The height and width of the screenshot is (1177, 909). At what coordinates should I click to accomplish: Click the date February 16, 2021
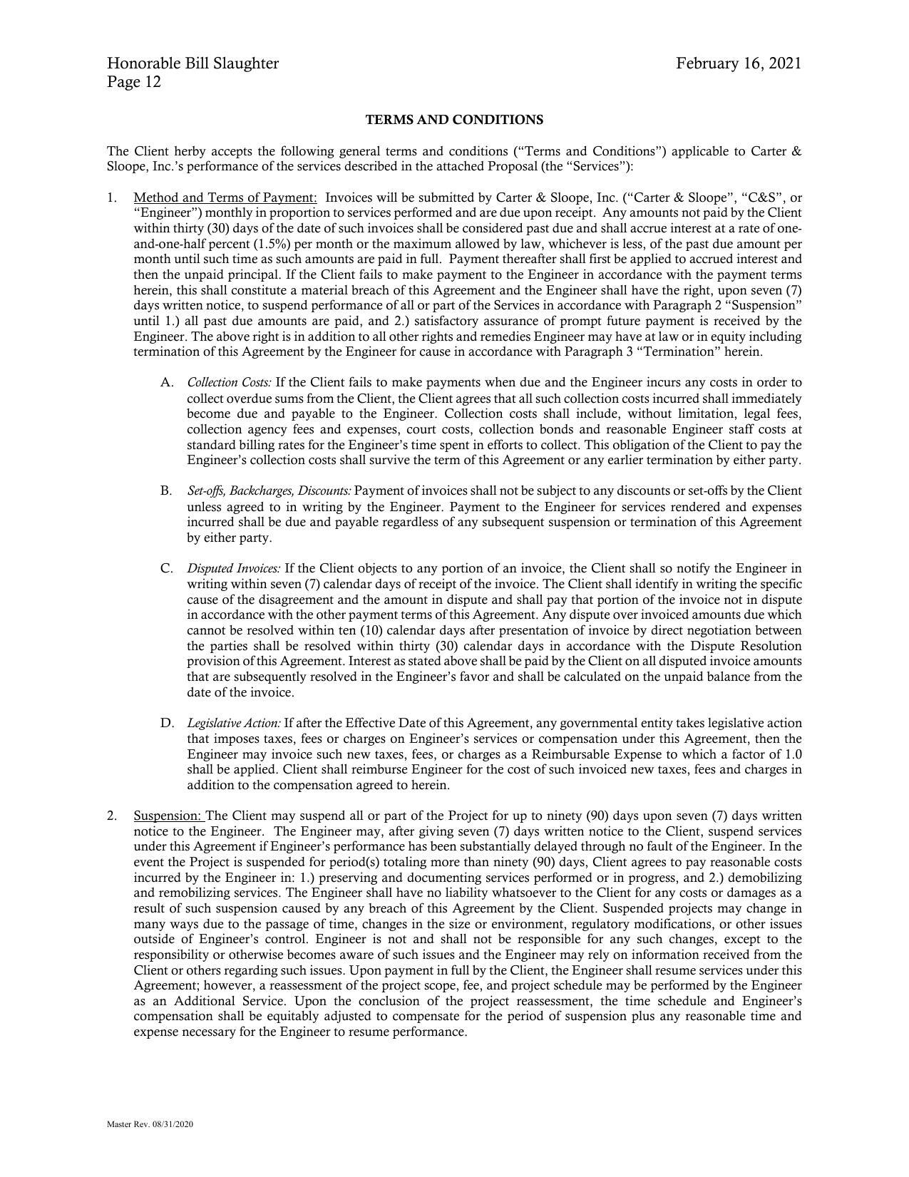tap(739, 63)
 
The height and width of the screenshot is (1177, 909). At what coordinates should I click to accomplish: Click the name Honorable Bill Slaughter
tap(192, 63)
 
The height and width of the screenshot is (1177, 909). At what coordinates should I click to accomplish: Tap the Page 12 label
tap(134, 82)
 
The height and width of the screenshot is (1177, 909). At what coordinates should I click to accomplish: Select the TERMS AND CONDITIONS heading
tap(454, 120)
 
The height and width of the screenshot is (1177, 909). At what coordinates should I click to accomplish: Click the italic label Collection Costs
tap(229, 383)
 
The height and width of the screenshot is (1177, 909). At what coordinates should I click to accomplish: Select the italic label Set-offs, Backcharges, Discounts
tap(269, 491)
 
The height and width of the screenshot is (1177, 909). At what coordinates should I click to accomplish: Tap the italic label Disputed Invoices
tap(234, 569)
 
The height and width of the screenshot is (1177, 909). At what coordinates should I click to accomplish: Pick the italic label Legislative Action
tap(234, 724)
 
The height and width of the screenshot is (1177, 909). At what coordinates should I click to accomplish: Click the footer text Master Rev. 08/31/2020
tap(150, 1124)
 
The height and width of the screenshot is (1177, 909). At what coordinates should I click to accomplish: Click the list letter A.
tap(166, 383)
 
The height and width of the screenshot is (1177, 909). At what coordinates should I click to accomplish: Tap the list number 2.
tap(112, 816)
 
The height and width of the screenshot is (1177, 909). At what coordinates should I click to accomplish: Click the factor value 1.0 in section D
tap(793, 754)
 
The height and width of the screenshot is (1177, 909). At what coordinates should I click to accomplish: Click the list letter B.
tap(166, 491)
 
